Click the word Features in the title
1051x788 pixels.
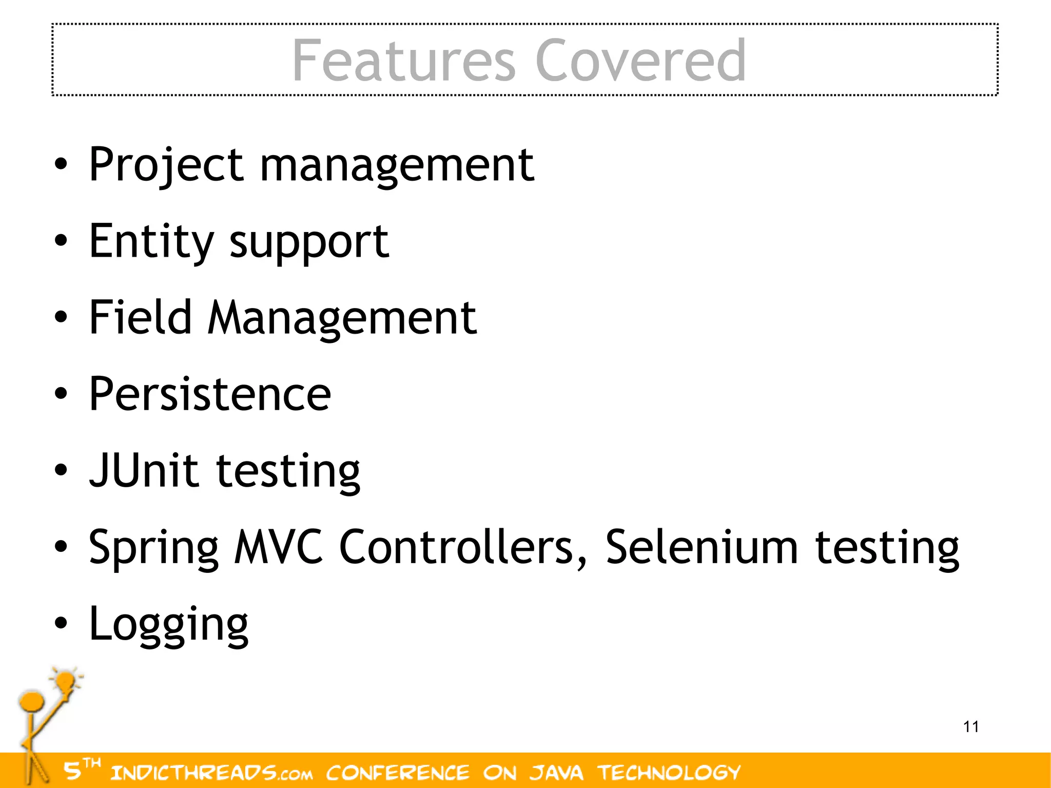[x=403, y=61]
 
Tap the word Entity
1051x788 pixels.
[x=151, y=241]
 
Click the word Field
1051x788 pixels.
[x=140, y=317]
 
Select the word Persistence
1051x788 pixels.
[x=210, y=394]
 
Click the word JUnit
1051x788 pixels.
[x=144, y=470]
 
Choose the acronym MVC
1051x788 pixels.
[x=279, y=547]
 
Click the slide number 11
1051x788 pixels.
[x=971, y=727]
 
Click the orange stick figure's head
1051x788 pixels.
[x=31, y=701]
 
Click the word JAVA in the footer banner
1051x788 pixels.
[x=557, y=772]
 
